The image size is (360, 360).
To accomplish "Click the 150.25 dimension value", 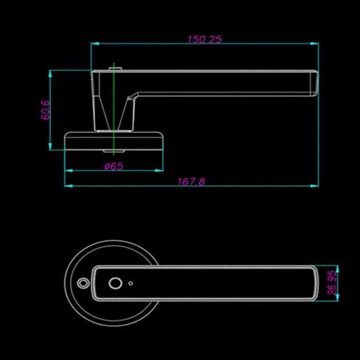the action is [x=204, y=39].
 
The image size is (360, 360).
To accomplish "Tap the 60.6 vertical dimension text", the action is [x=46, y=110].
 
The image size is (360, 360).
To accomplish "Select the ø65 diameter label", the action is [x=114, y=166].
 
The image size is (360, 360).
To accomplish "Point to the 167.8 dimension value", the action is [x=191, y=181].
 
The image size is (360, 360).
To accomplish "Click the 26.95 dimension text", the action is [x=332, y=283].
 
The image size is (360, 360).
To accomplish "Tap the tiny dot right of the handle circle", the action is [x=131, y=283].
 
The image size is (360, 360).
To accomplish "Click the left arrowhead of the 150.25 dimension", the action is [x=95, y=44].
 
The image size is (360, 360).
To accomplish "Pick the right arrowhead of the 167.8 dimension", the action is [x=314, y=186].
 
